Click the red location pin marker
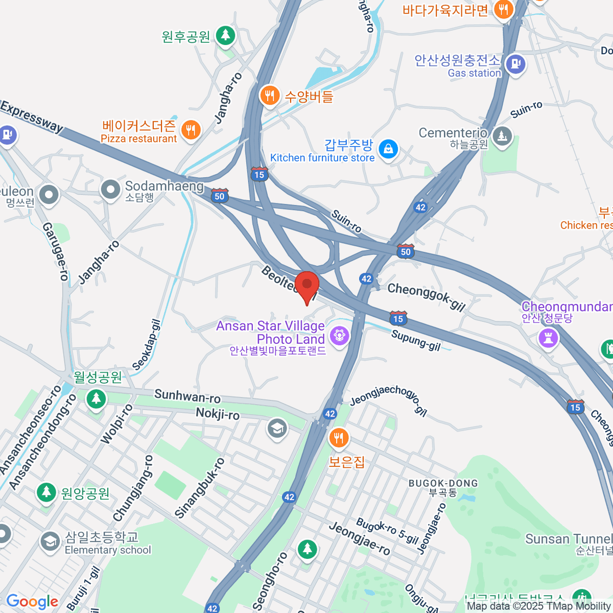pos(307,286)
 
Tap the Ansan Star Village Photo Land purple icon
pos(339,336)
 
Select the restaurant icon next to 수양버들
pos(269,95)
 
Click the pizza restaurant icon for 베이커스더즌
pos(191,130)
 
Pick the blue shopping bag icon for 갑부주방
pos(389,149)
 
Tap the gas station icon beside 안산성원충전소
pos(515,64)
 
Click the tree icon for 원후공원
pos(225,36)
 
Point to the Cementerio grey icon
pos(503,136)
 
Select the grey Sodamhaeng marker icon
pos(110,190)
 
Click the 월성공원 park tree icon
pos(96,398)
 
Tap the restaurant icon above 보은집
pos(338,438)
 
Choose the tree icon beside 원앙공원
pos(46,492)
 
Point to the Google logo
pos(32,601)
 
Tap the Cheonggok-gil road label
pos(427,296)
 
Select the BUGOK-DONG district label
pos(443,483)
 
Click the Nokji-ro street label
pos(218,413)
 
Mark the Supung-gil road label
pos(416,340)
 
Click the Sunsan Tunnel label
pos(569,539)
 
